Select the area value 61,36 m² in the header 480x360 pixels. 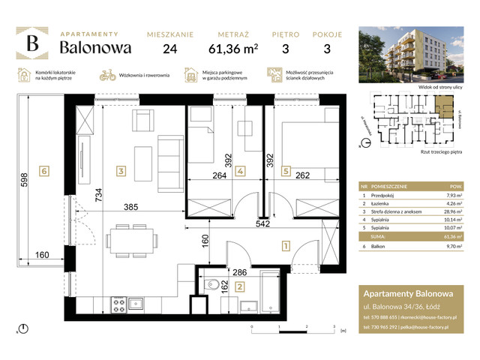pyautogui.click(x=238, y=50)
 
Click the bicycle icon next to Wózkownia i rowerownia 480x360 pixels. pyautogui.click(x=108, y=75)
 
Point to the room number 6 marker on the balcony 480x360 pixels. pyautogui.click(x=46, y=171)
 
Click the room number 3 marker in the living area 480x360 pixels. pyautogui.click(x=121, y=171)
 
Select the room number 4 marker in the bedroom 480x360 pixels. pyautogui.click(x=239, y=171)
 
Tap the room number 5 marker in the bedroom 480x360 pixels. pyautogui.click(x=286, y=171)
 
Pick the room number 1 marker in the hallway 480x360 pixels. pyautogui.click(x=286, y=244)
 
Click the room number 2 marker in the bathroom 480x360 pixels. pyautogui.click(x=238, y=286)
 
